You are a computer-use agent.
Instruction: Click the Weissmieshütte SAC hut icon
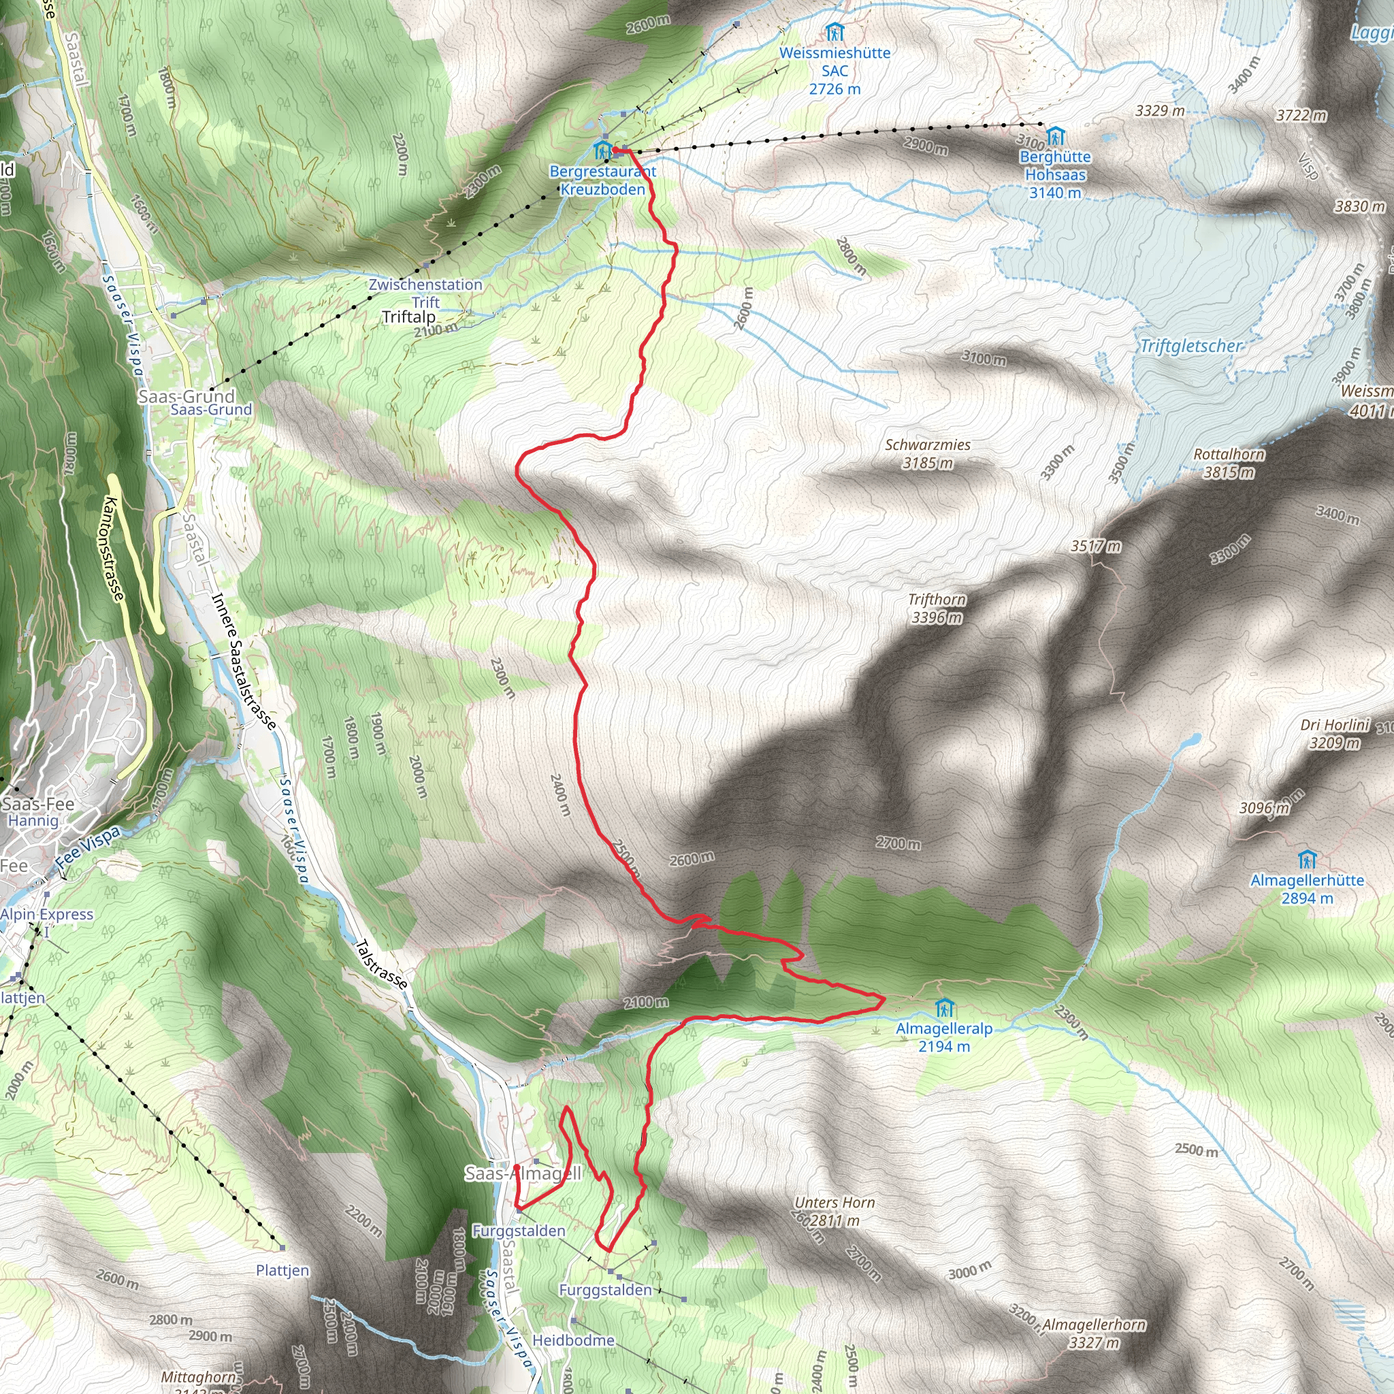pos(834,33)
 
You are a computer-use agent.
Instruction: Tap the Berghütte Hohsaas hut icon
pos(1055,136)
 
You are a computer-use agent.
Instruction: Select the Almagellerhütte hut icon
pos(1307,860)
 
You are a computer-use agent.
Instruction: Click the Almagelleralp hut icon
pos(944,1008)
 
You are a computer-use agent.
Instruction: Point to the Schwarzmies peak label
pos(928,445)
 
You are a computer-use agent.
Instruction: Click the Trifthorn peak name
pos(937,600)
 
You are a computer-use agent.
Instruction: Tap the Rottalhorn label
pos(1229,455)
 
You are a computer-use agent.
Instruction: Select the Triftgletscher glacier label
pos(1190,346)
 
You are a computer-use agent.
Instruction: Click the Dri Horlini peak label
pos(1335,724)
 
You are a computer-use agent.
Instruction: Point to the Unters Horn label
pos(834,1203)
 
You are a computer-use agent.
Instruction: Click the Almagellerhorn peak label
pos(1094,1325)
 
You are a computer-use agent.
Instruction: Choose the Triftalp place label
pos(408,317)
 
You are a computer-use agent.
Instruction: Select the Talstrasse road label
pos(382,963)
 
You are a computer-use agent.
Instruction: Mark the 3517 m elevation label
pos(1095,546)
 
